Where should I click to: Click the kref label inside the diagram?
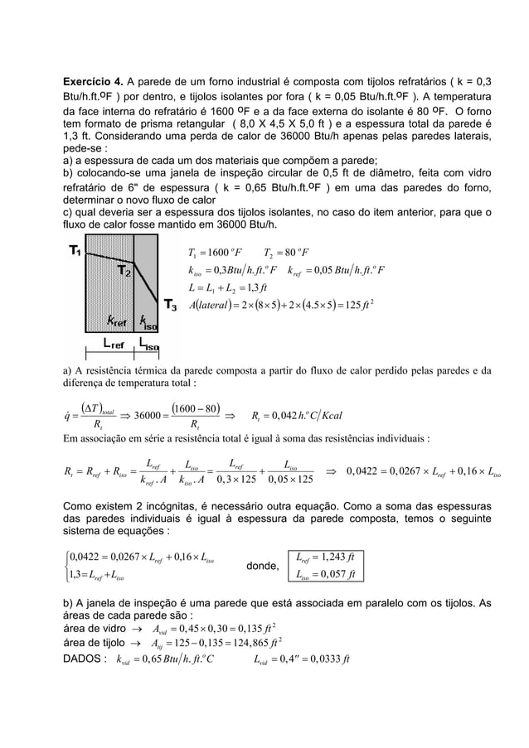[110, 320]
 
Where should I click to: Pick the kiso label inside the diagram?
[145, 320]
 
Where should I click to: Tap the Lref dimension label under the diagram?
[114, 342]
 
